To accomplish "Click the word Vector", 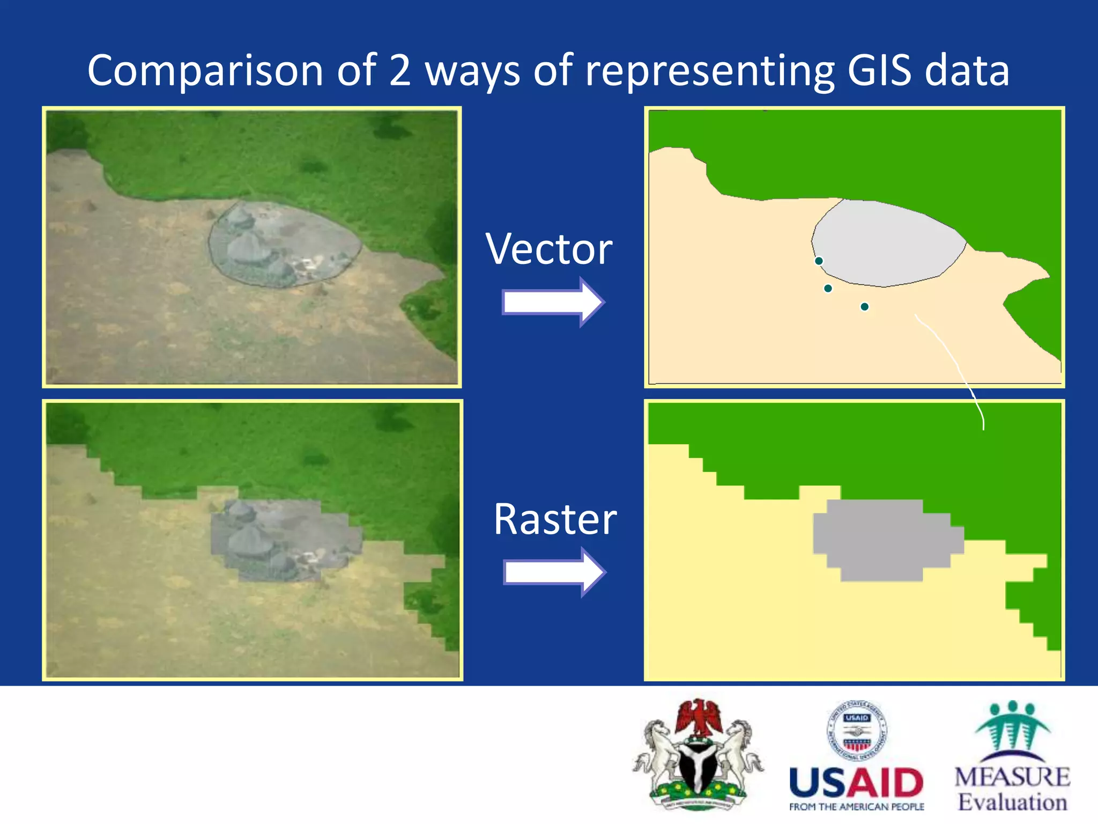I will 549,249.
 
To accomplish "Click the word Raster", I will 555,519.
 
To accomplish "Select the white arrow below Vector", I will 553,301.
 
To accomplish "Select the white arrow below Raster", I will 554,572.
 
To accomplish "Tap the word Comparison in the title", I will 205,71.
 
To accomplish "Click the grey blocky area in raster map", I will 882,539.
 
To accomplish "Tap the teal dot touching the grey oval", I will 819,261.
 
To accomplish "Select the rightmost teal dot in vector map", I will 864,307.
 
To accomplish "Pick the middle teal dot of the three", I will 828,289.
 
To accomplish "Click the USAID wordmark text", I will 856,783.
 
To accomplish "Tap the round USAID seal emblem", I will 857,731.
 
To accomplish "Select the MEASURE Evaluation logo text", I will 1012,789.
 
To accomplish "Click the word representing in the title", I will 709,71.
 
